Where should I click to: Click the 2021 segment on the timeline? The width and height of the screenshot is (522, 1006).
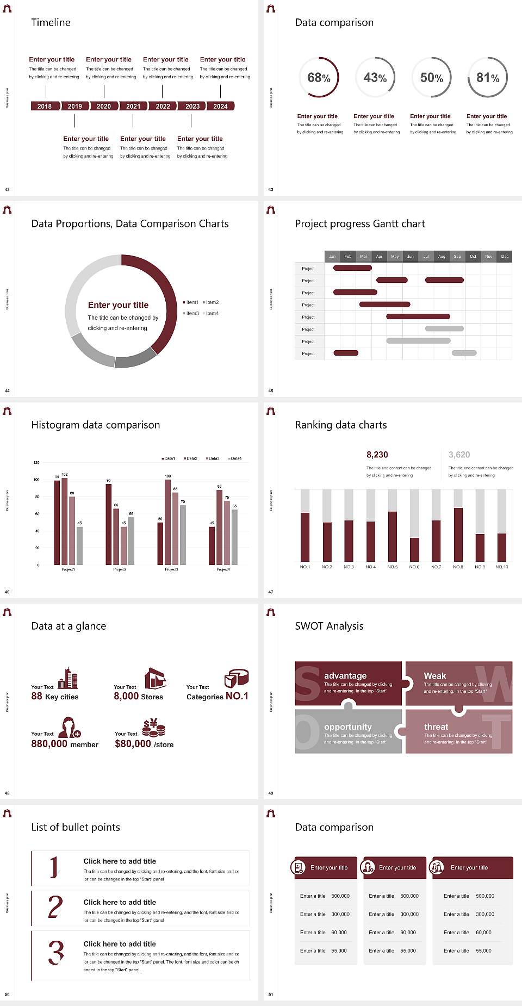[x=133, y=106]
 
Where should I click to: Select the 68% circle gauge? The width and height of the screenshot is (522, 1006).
[x=319, y=77]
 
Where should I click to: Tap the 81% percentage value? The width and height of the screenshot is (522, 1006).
[x=488, y=78]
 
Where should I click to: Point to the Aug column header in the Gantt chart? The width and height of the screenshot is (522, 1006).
[x=442, y=256]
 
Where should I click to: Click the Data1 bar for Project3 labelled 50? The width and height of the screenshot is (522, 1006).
[x=160, y=543]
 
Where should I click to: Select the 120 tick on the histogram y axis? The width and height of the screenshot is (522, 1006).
[x=36, y=462]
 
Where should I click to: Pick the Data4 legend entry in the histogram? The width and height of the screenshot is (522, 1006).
[x=235, y=458]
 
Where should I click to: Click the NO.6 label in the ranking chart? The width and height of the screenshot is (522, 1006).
[x=414, y=567]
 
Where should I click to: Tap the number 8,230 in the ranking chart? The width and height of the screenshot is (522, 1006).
[x=377, y=455]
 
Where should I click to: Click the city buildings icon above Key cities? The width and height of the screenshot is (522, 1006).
[x=68, y=678]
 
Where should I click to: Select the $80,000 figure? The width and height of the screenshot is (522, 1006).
[x=133, y=743]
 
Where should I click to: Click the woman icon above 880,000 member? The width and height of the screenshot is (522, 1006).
[x=69, y=727]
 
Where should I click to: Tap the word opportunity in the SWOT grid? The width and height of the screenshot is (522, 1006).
[x=348, y=726]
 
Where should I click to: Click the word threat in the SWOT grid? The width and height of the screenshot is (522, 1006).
[x=436, y=726]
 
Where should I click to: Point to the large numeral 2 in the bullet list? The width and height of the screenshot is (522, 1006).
[x=55, y=907]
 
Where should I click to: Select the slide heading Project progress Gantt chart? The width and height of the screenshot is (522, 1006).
[x=360, y=223]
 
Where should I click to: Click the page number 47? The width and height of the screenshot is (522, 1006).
[x=271, y=592]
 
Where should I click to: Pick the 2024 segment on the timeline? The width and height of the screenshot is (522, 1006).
[x=220, y=106]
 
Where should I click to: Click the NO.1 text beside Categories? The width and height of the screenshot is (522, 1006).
[x=237, y=696]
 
